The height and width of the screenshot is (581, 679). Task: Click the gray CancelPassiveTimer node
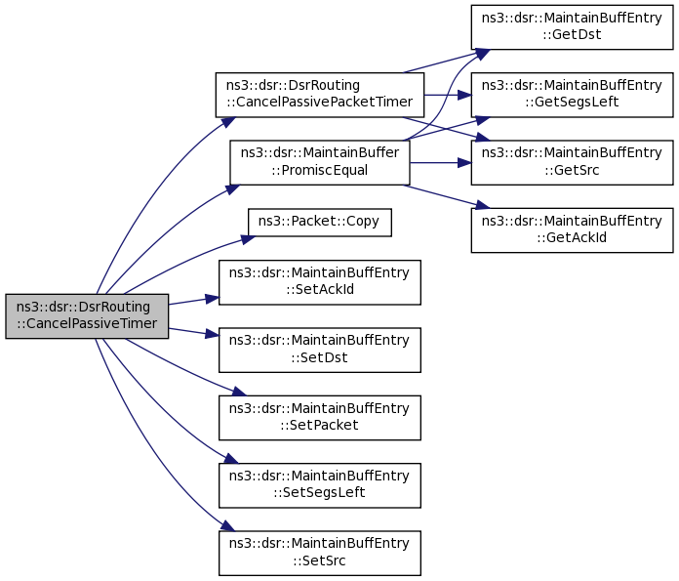click(x=87, y=316)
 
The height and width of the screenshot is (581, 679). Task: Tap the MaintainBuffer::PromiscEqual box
click(x=319, y=161)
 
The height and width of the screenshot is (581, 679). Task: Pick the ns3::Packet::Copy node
click(x=320, y=222)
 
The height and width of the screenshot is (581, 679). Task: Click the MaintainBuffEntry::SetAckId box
click(x=319, y=281)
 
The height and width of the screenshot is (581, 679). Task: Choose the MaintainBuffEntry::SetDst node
click(x=319, y=349)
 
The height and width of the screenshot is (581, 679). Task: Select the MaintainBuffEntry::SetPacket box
click(x=319, y=417)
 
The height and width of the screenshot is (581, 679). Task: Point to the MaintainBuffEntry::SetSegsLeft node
click(x=319, y=484)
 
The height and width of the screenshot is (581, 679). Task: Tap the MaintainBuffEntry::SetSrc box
click(x=319, y=552)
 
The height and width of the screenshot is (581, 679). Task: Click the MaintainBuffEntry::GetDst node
click(x=572, y=26)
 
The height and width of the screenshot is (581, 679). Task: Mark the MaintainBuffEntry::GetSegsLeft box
click(x=572, y=95)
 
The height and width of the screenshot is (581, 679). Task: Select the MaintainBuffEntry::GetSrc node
click(x=572, y=162)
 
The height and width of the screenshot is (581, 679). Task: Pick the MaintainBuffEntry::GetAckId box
click(x=572, y=229)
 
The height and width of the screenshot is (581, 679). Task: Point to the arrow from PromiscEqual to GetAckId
click(x=444, y=194)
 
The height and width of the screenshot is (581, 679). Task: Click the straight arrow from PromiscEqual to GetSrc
click(x=439, y=162)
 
